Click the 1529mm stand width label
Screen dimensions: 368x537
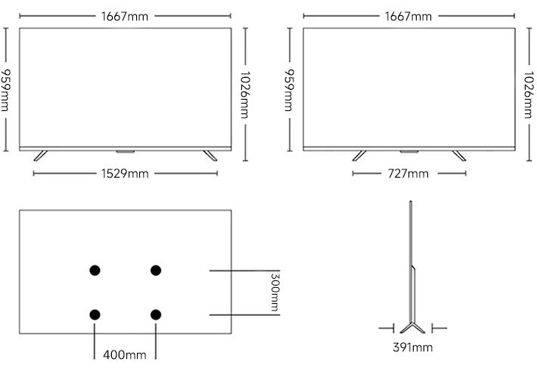(125, 174)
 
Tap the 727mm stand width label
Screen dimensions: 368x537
(409, 174)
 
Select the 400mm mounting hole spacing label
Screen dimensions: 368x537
(125, 354)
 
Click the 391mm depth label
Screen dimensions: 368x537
(413, 348)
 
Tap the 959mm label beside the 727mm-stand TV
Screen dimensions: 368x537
(288, 89)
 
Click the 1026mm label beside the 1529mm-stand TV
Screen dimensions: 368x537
(244, 95)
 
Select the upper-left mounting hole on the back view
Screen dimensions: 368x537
(95, 270)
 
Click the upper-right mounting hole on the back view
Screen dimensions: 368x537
(156, 270)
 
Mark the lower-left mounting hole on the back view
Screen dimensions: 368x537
(95, 314)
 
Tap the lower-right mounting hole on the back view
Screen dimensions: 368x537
(156, 314)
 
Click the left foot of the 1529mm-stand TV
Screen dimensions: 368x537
(40, 156)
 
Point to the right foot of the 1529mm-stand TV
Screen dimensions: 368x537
(210, 156)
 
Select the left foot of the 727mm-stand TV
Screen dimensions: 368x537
(359, 156)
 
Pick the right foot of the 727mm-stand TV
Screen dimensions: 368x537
(458, 156)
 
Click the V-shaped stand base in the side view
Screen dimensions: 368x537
(412, 327)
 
